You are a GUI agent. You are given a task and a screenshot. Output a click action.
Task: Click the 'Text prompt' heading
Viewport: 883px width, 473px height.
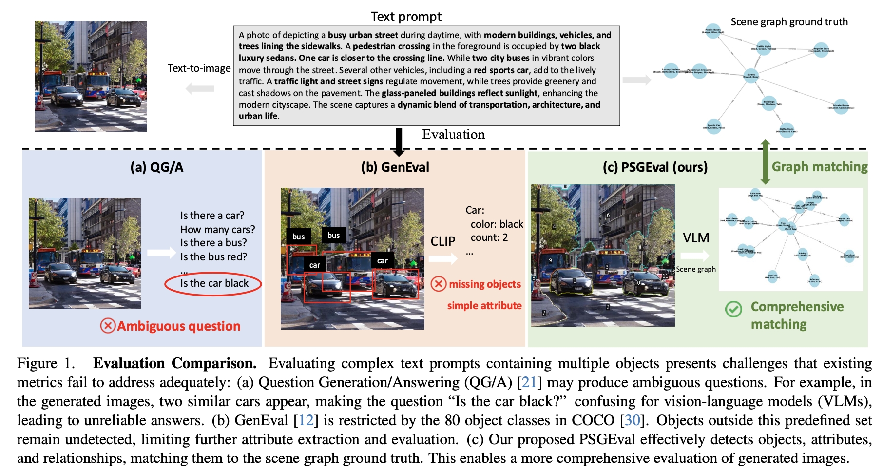tap(406, 17)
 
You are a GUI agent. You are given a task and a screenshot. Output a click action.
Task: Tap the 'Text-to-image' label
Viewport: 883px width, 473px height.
tap(199, 68)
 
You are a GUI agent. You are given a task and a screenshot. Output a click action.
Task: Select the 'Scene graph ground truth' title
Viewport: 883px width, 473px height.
tap(789, 22)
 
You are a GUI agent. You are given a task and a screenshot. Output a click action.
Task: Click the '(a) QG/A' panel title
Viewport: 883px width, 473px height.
tap(157, 167)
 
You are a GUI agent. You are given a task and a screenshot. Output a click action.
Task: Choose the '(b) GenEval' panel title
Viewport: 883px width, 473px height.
tap(395, 167)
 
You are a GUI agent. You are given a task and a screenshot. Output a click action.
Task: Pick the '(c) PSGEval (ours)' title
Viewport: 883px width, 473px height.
tap(655, 167)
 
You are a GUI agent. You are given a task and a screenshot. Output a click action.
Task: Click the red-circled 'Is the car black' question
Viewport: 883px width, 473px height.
tap(214, 283)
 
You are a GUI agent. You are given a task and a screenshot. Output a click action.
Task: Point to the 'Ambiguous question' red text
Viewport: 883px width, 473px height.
tap(178, 326)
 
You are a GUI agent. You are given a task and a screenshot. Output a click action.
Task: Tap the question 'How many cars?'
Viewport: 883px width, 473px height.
tap(217, 229)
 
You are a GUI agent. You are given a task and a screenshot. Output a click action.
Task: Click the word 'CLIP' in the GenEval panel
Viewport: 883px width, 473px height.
tap(442, 241)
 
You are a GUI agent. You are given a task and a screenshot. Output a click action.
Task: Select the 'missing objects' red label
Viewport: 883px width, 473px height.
tap(484, 284)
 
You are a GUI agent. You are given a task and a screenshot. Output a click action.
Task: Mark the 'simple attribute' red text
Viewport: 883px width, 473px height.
tap(484, 306)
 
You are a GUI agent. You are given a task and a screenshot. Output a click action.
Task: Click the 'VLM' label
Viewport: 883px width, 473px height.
tap(696, 238)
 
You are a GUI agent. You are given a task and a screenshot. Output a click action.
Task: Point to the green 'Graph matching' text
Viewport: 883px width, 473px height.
tap(820, 167)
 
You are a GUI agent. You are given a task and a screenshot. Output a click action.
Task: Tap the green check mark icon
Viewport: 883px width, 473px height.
tap(733, 309)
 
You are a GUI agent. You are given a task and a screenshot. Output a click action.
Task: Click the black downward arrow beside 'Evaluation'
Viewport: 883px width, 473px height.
tap(399, 142)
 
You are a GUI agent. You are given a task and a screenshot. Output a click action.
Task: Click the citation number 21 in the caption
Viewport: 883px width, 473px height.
tap(529, 382)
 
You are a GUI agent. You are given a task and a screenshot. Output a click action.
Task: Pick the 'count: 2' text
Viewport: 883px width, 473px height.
tap(489, 237)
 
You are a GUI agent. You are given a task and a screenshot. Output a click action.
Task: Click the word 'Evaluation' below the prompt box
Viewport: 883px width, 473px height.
tap(453, 135)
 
